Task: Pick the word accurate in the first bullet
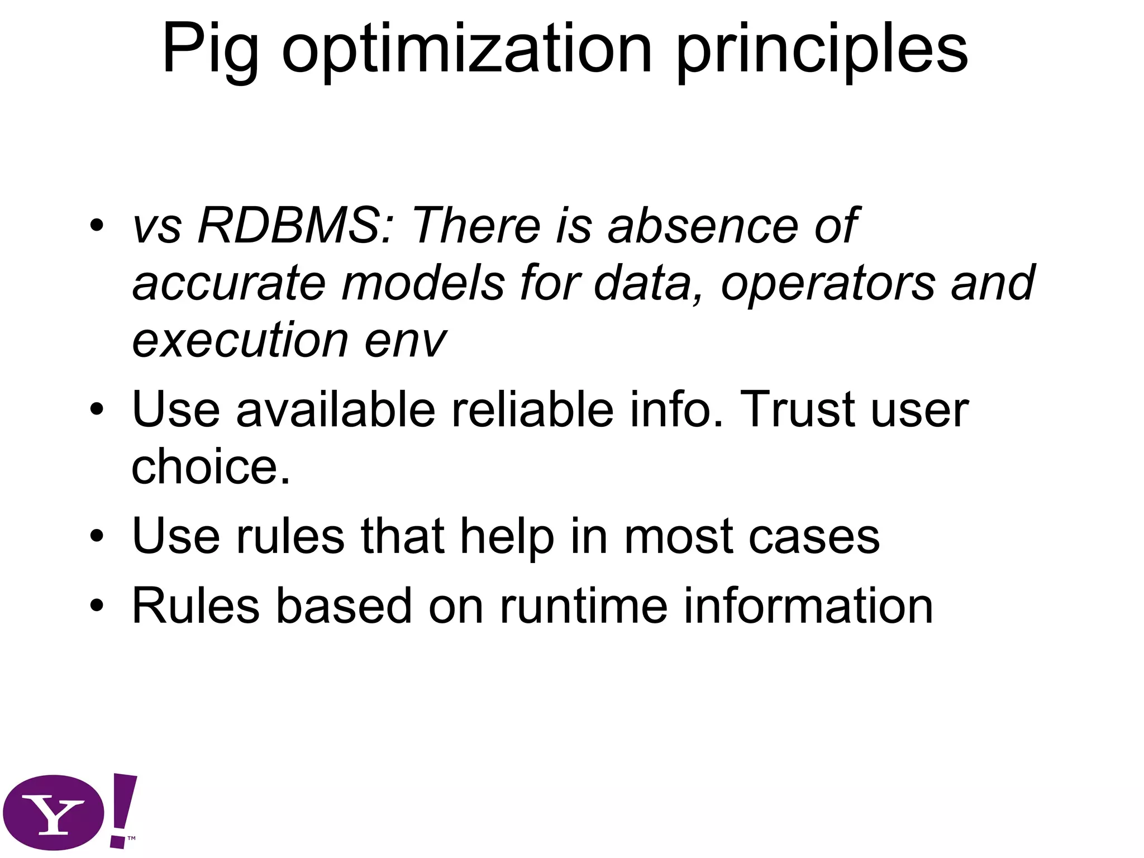229,283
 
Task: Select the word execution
240,340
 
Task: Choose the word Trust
797,409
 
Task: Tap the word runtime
583,606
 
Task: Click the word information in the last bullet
808,606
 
